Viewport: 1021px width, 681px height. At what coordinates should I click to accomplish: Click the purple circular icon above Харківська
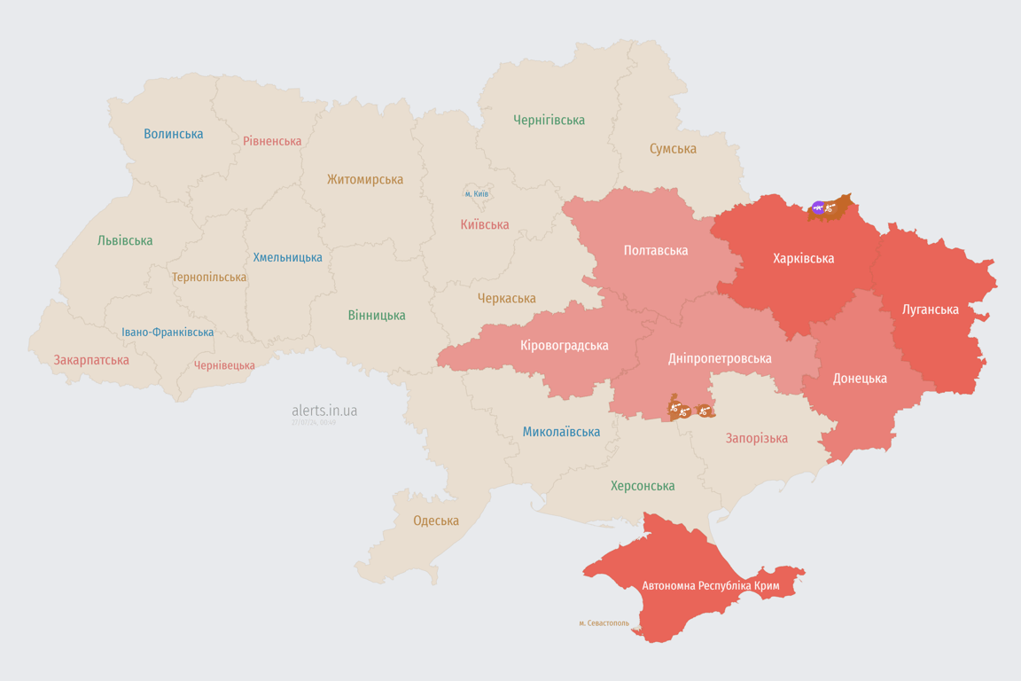(x=818, y=208)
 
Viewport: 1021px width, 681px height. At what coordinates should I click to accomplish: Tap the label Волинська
(x=174, y=134)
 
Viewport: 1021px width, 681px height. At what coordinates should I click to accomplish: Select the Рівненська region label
(x=272, y=141)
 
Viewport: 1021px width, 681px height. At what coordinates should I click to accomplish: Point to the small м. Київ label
(x=477, y=193)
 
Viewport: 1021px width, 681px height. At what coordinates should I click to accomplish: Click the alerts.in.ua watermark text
(x=324, y=411)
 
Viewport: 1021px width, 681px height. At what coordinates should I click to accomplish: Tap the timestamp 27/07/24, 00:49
(x=314, y=422)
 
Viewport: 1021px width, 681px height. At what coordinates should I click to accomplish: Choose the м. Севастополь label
(x=604, y=622)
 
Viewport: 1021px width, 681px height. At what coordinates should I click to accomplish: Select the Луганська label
(x=930, y=309)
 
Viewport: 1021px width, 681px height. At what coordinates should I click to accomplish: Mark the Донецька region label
(x=860, y=378)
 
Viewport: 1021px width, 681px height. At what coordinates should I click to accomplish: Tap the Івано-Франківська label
(x=168, y=333)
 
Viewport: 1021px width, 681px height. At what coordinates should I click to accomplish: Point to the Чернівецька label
(x=224, y=365)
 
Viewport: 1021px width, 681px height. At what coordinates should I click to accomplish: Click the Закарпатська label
(x=91, y=360)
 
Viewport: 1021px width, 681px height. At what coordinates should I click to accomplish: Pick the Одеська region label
(x=436, y=521)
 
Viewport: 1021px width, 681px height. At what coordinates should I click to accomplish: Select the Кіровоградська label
(x=565, y=345)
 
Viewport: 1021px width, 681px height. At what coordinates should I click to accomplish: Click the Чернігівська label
(x=549, y=120)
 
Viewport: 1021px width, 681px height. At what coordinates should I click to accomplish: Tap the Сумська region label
(x=673, y=148)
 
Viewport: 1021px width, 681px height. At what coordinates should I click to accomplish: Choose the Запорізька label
(x=756, y=438)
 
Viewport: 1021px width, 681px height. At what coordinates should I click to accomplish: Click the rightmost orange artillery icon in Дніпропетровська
(x=704, y=411)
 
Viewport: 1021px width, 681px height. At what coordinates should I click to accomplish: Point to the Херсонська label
(x=643, y=486)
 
